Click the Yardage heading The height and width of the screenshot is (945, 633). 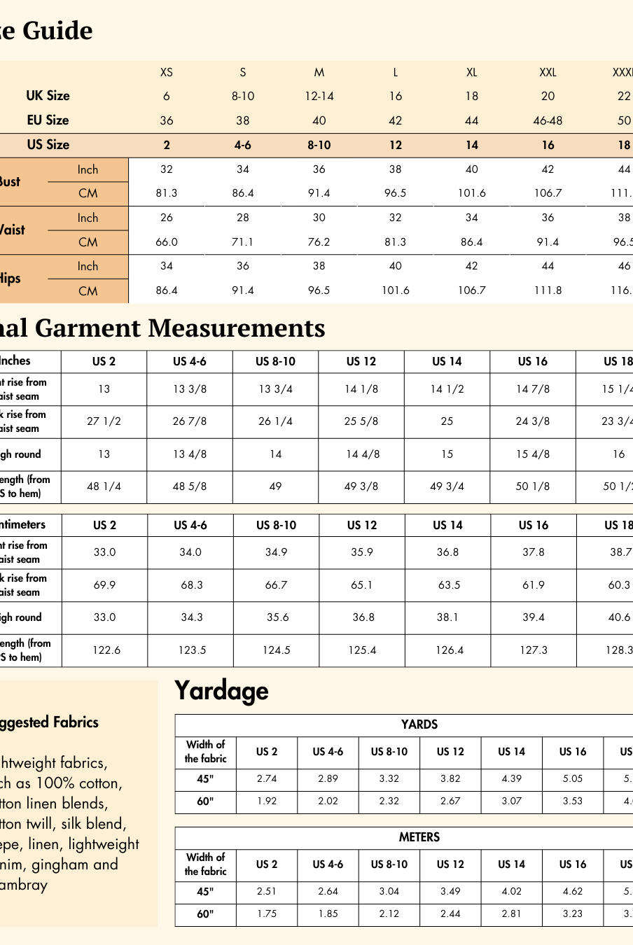coord(221,691)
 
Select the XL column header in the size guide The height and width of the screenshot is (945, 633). coord(472,72)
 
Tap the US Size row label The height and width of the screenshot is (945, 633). coord(48,145)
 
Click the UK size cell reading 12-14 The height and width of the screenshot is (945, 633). coord(319,97)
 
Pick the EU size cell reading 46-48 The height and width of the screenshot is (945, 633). coord(548,120)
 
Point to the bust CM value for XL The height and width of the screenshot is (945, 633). coord(472,193)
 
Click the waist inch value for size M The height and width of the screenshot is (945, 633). coord(319,218)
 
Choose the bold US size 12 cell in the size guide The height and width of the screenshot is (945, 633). coord(396,145)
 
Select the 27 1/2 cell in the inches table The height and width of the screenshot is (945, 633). coord(104,421)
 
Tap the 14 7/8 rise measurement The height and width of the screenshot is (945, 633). coord(533,389)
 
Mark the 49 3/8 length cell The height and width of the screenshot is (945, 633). coord(361,486)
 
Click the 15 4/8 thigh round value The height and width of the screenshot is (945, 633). coord(533,454)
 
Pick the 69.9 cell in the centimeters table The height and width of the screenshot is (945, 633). coord(105,584)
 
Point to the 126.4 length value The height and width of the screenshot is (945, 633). coord(449,650)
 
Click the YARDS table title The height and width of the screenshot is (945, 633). coord(419,724)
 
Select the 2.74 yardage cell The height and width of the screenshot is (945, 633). coord(267,778)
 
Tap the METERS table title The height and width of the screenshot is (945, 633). coord(419,837)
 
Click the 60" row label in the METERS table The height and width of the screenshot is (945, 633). coord(205,913)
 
